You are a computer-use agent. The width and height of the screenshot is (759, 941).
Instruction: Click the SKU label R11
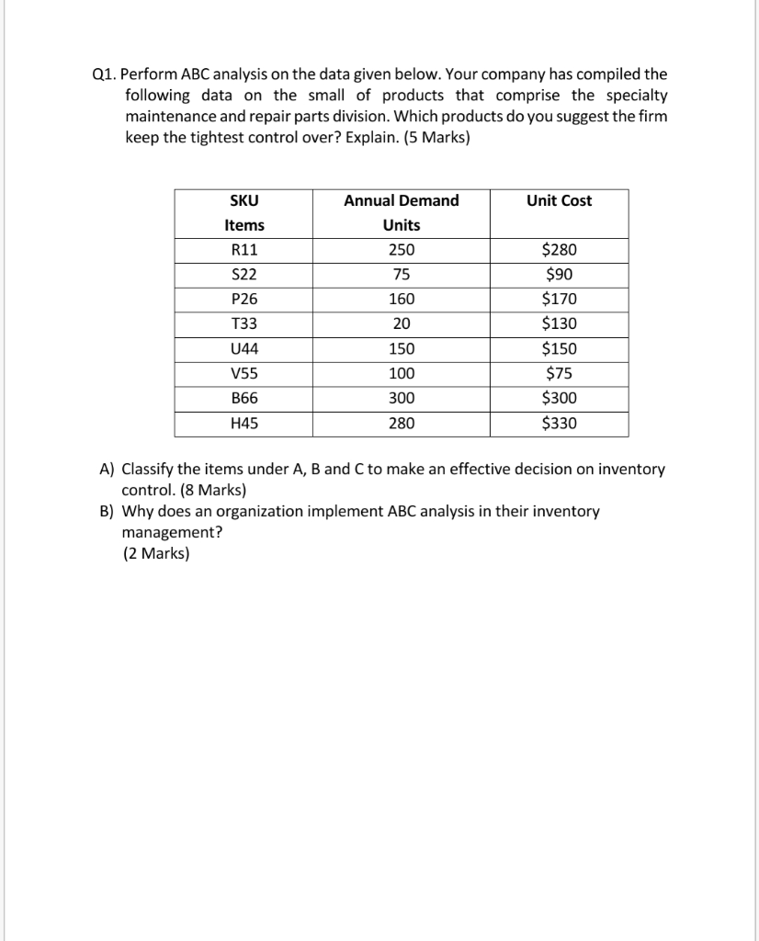[x=244, y=250]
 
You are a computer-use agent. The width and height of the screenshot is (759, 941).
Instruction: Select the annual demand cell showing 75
[x=402, y=275]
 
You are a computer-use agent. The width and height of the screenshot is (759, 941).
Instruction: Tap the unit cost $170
[x=560, y=300]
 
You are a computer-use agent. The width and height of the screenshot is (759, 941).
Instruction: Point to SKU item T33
[x=244, y=324]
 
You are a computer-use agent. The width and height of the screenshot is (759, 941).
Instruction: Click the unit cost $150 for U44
[x=560, y=349]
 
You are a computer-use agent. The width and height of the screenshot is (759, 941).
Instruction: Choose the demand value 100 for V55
[x=402, y=374]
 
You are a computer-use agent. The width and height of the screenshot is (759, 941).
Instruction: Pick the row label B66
[x=244, y=399]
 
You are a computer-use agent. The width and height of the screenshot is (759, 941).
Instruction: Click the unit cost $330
[x=560, y=424]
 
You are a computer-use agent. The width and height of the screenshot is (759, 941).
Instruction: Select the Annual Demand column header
[x=402, y=201]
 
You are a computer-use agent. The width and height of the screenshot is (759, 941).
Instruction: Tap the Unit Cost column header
[x=560, y=201]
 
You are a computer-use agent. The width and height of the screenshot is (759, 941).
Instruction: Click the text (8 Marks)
[x=207, y=489]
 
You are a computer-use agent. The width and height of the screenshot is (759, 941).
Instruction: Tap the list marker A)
[x=107, y=470]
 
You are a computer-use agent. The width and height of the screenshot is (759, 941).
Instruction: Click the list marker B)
[x=107, y=511]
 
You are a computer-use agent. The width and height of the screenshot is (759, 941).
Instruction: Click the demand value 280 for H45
[x=402, y=424]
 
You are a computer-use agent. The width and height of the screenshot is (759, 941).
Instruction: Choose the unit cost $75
[x=560, y=374]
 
